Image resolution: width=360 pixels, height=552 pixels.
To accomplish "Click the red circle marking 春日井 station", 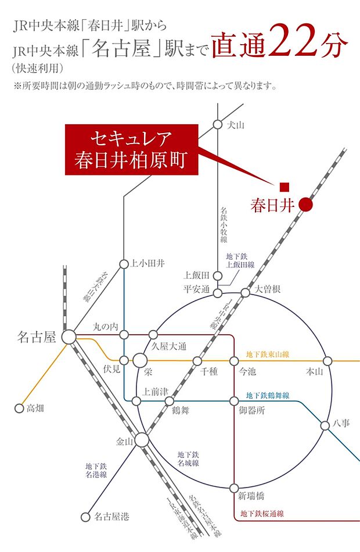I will point(306,205).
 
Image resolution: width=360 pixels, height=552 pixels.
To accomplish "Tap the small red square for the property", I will point(284,187).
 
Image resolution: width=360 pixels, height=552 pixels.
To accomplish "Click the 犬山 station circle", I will point(217,124).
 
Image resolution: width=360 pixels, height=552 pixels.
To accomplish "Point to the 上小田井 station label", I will point(148,264).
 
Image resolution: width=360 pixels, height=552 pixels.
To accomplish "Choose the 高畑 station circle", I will point(19,408).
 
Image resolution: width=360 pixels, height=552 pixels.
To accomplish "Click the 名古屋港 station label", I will point(112,515).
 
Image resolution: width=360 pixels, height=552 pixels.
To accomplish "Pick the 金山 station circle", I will point(141,441).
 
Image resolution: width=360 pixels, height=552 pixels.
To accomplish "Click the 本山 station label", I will point(314,371).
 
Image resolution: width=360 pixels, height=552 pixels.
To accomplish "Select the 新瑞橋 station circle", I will point(235,488).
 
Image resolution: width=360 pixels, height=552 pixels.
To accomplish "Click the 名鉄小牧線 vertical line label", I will point(224,225).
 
